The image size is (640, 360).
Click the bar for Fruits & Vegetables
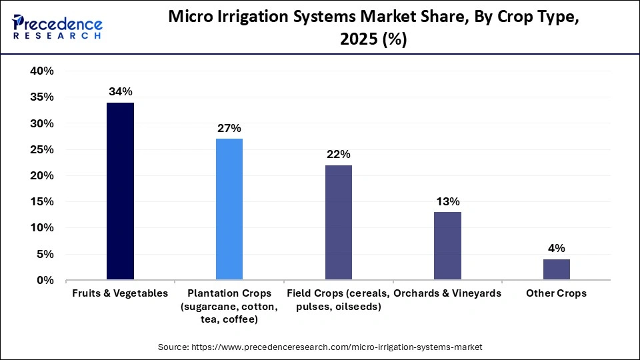pos(120,191)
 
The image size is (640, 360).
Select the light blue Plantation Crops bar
pos(229,209)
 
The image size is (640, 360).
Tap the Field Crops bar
pos(339,222)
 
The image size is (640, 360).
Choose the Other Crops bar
pos(556,269)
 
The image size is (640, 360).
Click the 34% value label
pos(121,92)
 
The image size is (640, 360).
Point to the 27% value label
pos(229,129)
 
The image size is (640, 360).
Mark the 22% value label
pos(339,155)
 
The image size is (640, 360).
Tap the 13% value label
pos(447,201)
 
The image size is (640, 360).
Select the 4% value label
pos(556,249)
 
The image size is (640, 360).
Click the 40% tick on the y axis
pos(41,71)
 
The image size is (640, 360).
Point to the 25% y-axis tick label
pos(41,150)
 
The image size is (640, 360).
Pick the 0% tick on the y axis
pos(45,281)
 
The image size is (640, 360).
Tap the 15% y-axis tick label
pos(41,202)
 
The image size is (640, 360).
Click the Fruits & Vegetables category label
pos(120,293)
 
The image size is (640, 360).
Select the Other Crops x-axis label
pos(556,293)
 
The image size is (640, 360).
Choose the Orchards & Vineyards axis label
pos(447,293)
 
